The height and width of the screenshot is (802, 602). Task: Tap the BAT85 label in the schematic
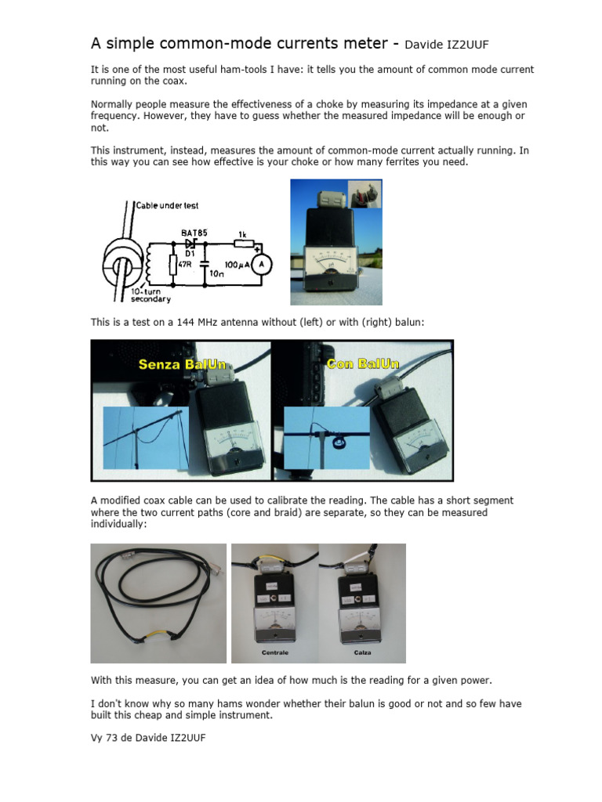[194, 232]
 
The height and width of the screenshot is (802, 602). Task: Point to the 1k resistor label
[241, 233]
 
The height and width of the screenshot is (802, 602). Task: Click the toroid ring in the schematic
[125, 263]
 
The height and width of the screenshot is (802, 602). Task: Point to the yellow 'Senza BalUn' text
[180, 364]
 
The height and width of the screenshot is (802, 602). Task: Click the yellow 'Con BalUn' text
[361, 364]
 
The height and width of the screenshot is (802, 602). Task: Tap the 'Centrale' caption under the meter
[275, 652]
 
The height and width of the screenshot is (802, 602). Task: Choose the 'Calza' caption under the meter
[362, 652]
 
